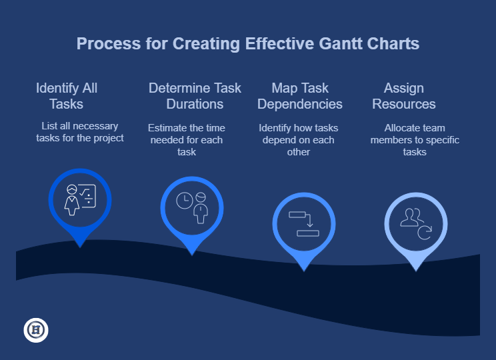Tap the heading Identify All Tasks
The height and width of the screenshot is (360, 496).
point(67,96)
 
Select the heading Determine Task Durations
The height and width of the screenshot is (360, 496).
point(195,96)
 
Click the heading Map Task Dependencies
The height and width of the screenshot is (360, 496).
point(300,96)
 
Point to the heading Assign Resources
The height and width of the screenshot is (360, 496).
point(403,96)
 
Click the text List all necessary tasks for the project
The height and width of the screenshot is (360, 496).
point(80,132)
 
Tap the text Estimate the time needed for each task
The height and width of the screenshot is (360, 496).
point(187,140)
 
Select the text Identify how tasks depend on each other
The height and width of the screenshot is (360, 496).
point(298,140)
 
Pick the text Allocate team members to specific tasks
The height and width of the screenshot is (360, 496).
point(415,140)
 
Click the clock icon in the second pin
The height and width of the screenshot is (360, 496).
point(185,201)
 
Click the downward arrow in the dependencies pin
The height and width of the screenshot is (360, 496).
point(310,220)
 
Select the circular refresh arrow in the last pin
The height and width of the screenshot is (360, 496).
point(425,233)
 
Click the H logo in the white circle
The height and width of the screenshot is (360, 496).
point(36,330)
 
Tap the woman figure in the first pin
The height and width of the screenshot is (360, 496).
point(72,200)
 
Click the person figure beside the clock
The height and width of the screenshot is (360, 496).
point(201,208)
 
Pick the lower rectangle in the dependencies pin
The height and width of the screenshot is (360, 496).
point(308,233)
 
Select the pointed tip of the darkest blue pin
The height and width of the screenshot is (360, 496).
point(80,247)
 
